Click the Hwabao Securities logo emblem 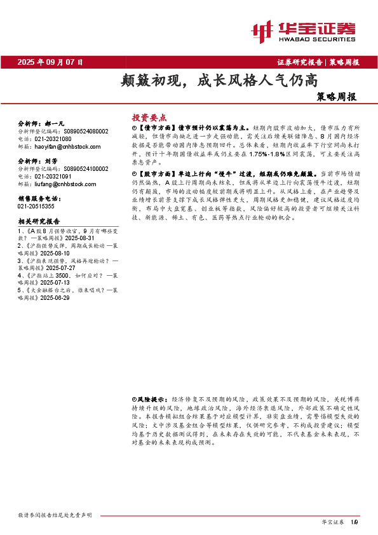(261, 29)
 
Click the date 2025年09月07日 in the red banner (50, 62)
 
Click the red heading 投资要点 (149, 118)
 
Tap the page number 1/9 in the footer (354, 522)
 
